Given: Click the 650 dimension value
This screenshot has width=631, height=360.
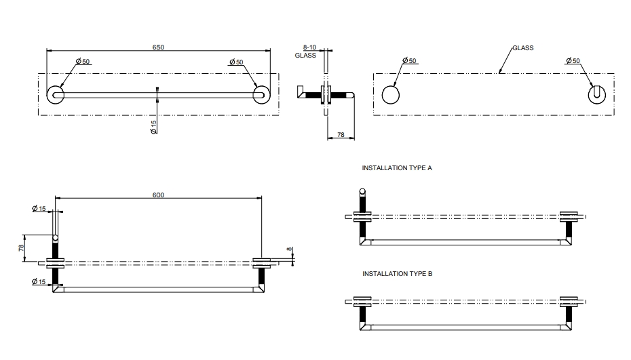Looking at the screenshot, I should tap(158, 47).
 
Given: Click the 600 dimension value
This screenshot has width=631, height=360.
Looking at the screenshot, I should tap(158, 195).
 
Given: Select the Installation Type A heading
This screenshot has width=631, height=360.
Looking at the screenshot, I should tap(397, 167).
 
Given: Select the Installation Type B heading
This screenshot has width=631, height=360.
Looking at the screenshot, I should tap(397, 274).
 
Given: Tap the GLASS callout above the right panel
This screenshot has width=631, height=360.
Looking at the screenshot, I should tap(522, 48).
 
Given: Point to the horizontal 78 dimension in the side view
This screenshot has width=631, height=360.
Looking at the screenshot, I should tap(341, 136).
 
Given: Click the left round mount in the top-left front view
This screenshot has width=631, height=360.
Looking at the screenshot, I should tap(56, 95).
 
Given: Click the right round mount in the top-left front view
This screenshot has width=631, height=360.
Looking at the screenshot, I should tap(261, 95).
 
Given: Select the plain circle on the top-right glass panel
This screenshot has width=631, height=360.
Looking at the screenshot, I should tap(391, 95).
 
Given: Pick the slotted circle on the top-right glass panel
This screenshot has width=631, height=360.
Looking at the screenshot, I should tap(596, 95).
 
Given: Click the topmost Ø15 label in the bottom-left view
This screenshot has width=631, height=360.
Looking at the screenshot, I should tap(39, 209).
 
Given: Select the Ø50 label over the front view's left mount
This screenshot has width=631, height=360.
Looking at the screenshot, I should tap(83, 62).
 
